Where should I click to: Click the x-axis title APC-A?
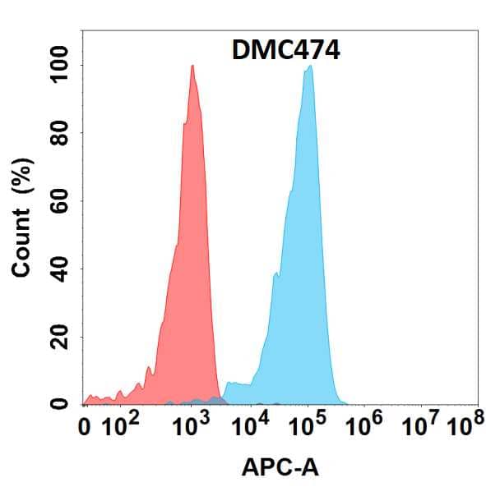pyautogui.click(x=280, y=467)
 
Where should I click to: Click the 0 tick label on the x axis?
pyautogui.click(x=86, y=427)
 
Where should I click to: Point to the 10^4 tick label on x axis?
pyautogui.click(x=252, y=426)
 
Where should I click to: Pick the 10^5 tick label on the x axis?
pyautogui.click(x=309, y=426)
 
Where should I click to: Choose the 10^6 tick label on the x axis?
pyautogui.click(x=367, y=426)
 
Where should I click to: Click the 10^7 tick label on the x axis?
pyautogui.click(x=420, y=426)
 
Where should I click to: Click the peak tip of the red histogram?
pyautogui.click(x=192, y=67)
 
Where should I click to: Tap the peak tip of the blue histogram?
pyautogui.click(x=310, y=67)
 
